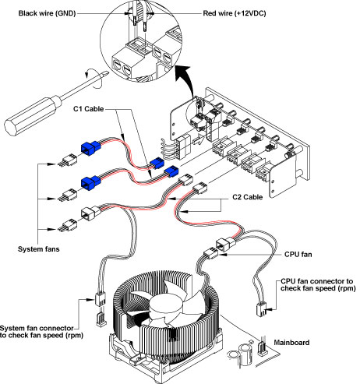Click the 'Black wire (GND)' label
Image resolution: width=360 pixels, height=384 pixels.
[x=47, y=13]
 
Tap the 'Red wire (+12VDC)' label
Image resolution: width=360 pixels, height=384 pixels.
[x=235, y=13]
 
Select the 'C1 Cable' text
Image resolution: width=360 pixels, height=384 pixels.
[x=88, y=109]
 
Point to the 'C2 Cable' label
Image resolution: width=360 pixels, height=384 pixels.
[x=247, y=197]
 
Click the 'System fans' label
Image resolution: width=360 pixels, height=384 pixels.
[x=38, y=249]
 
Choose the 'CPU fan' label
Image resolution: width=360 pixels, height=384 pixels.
[x=298, y=254]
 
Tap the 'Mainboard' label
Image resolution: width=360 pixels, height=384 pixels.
[x=291, y=343]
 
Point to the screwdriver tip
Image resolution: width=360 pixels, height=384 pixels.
[x=106, y=73]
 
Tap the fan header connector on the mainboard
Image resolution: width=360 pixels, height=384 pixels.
[x=262, y=349]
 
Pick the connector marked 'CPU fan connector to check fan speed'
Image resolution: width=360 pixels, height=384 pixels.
[x=261, y=309]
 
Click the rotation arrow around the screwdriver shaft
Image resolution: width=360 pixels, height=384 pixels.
[x=94, y=79]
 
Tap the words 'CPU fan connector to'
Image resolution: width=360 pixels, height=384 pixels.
[x=317, y=281]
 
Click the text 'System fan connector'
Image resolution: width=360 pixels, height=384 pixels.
[x=37, y=328]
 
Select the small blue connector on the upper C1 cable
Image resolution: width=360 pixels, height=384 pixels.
[x=157, y=164]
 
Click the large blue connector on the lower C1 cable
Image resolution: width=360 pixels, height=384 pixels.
[x=90, y=181]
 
